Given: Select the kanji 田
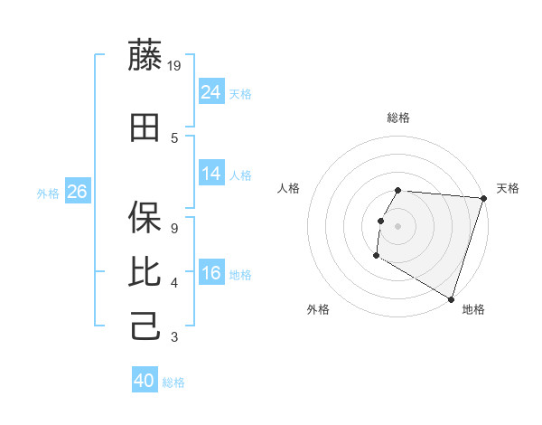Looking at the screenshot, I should pos(145,128).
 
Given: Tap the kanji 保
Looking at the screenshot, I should pos(145,216).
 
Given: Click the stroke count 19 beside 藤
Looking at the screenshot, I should pos(175,66).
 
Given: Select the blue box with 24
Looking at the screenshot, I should pos(211,91).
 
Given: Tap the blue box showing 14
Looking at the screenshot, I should pos(211,174).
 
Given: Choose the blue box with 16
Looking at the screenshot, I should pos(211,273).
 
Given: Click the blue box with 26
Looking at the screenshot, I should pos(77,191).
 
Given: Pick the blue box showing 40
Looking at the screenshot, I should pos(145,381).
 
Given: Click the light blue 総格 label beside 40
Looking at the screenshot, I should pos(173,382).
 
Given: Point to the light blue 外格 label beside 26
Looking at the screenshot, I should pos(48,193).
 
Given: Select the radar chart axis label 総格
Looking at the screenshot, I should pos(398,118).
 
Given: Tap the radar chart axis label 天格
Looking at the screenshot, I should pos(508,188).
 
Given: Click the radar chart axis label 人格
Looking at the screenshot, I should pos(289,188).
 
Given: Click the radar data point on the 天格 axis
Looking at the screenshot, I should pos(483,198).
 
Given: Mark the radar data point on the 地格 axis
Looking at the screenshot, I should pos(451,298).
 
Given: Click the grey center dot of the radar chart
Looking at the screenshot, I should pos(397,226).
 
